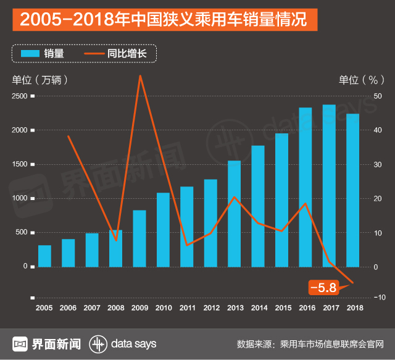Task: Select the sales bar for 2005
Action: tap(44, 256)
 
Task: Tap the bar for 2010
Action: tap(163, 230)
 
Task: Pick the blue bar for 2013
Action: tap(234, 214)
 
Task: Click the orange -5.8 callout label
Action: tap(323, 287)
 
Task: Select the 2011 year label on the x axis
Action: tap(187, 307)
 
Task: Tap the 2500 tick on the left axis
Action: tap(20, 96)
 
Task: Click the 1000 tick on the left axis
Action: tap(20, 198)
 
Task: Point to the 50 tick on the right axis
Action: tap(377, 96)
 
